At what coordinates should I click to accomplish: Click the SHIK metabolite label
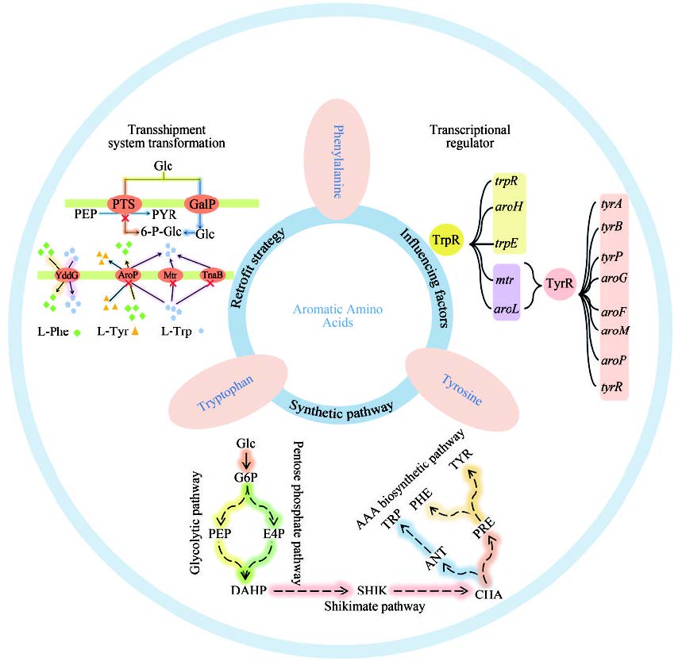(370, 591)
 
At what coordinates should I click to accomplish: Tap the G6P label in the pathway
(245, 478)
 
